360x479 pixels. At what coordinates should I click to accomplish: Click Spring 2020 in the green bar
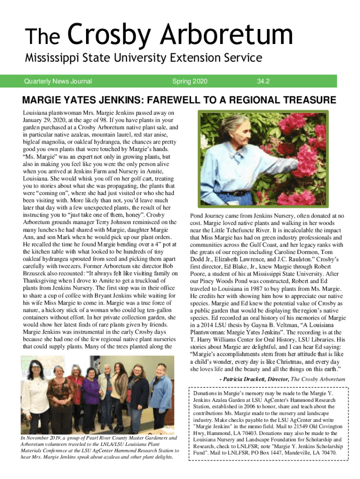pyautogui.click(x=189, y=81)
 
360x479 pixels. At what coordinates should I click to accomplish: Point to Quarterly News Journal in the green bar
pyautogui.click(x=58, y=81)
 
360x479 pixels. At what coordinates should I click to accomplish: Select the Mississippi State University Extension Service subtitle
pyautogui.click(x=143, y=58)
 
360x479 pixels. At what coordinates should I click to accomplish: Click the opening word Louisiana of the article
pyautogui.click(x=38, y=113)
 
